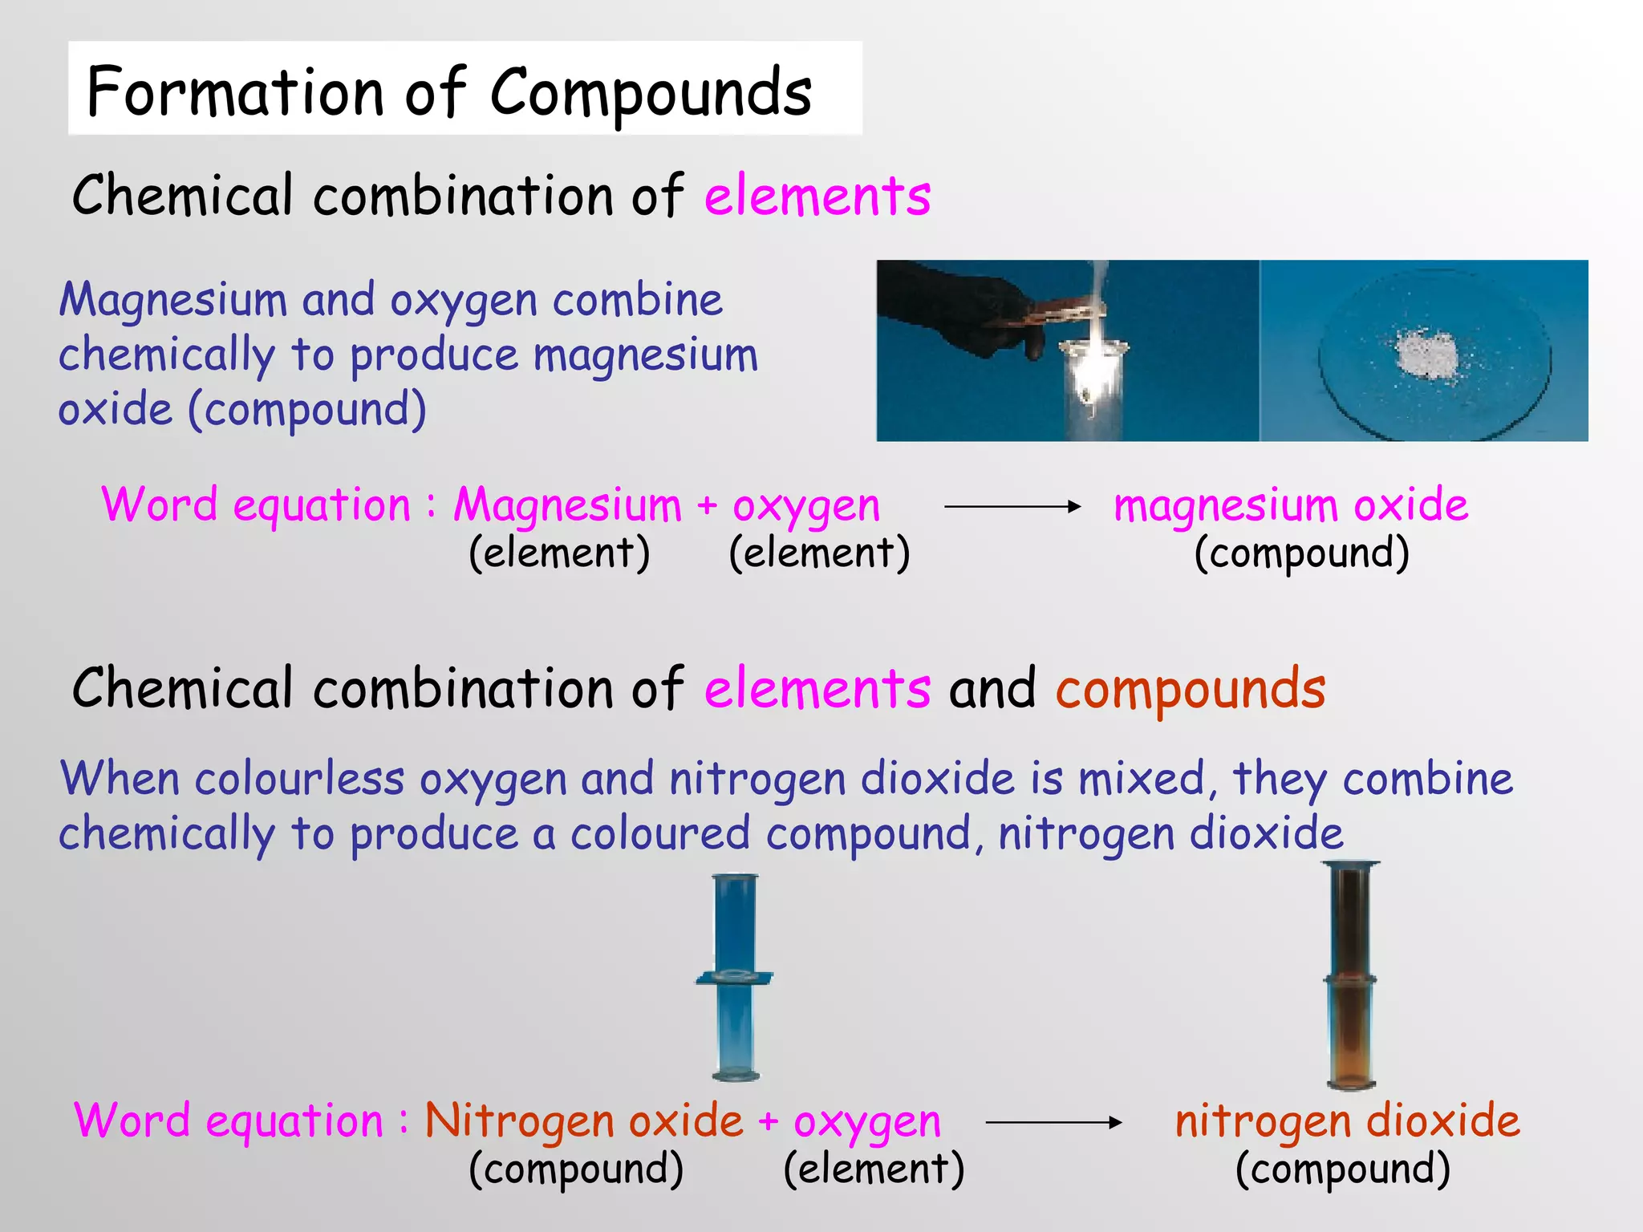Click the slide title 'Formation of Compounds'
[449, 92]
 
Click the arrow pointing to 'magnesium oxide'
[1012, 506]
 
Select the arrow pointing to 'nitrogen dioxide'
[1053, 1123]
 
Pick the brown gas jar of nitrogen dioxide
[1351, 975]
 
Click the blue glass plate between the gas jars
[733, 977]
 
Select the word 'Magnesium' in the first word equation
[567, 506]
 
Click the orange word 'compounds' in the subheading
[1191, 689]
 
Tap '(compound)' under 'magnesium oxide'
[1301, 553]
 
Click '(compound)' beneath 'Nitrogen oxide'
[576, 1169]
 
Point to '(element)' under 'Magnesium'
[559, 553]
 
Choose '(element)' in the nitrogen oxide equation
[874, 1169]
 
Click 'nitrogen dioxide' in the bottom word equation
[1347, 1121]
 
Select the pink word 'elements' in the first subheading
[817, 197]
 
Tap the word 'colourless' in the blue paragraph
[299, 779]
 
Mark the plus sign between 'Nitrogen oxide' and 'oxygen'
[768, 1121]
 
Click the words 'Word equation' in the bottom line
[229, 1121]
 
